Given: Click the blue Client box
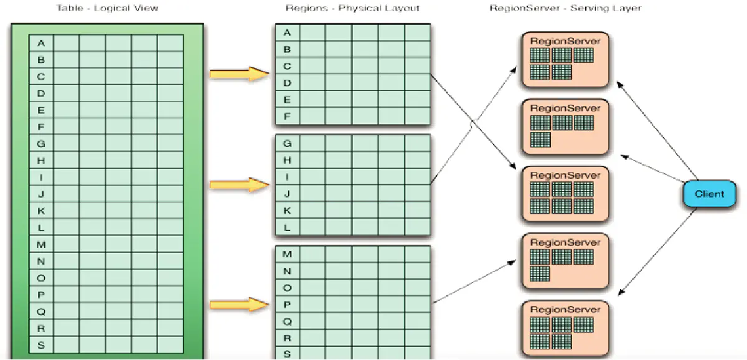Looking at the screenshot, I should [709, 194].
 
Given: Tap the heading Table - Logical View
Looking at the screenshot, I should [107, 8].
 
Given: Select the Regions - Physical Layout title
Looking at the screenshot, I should [352, 8].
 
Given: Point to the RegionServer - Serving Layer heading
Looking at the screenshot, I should [565, 8].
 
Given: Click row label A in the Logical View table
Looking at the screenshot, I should [41, 43].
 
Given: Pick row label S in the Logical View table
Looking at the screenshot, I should [41, 344].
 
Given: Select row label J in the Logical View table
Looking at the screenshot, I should [41, 194].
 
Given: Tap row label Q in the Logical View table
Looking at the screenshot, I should [41, 311].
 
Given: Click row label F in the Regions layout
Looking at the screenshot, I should [287, 116].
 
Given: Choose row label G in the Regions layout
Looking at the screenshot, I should [287, 143].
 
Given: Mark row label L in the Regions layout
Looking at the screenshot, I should [287, 227].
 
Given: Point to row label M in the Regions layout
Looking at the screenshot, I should [287, 254].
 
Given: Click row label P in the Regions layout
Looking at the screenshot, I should [287, 305].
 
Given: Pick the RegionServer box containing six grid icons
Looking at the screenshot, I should [565, 194].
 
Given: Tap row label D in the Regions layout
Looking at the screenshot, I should [287, 82].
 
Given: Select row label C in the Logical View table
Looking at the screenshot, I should [41, 77].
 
